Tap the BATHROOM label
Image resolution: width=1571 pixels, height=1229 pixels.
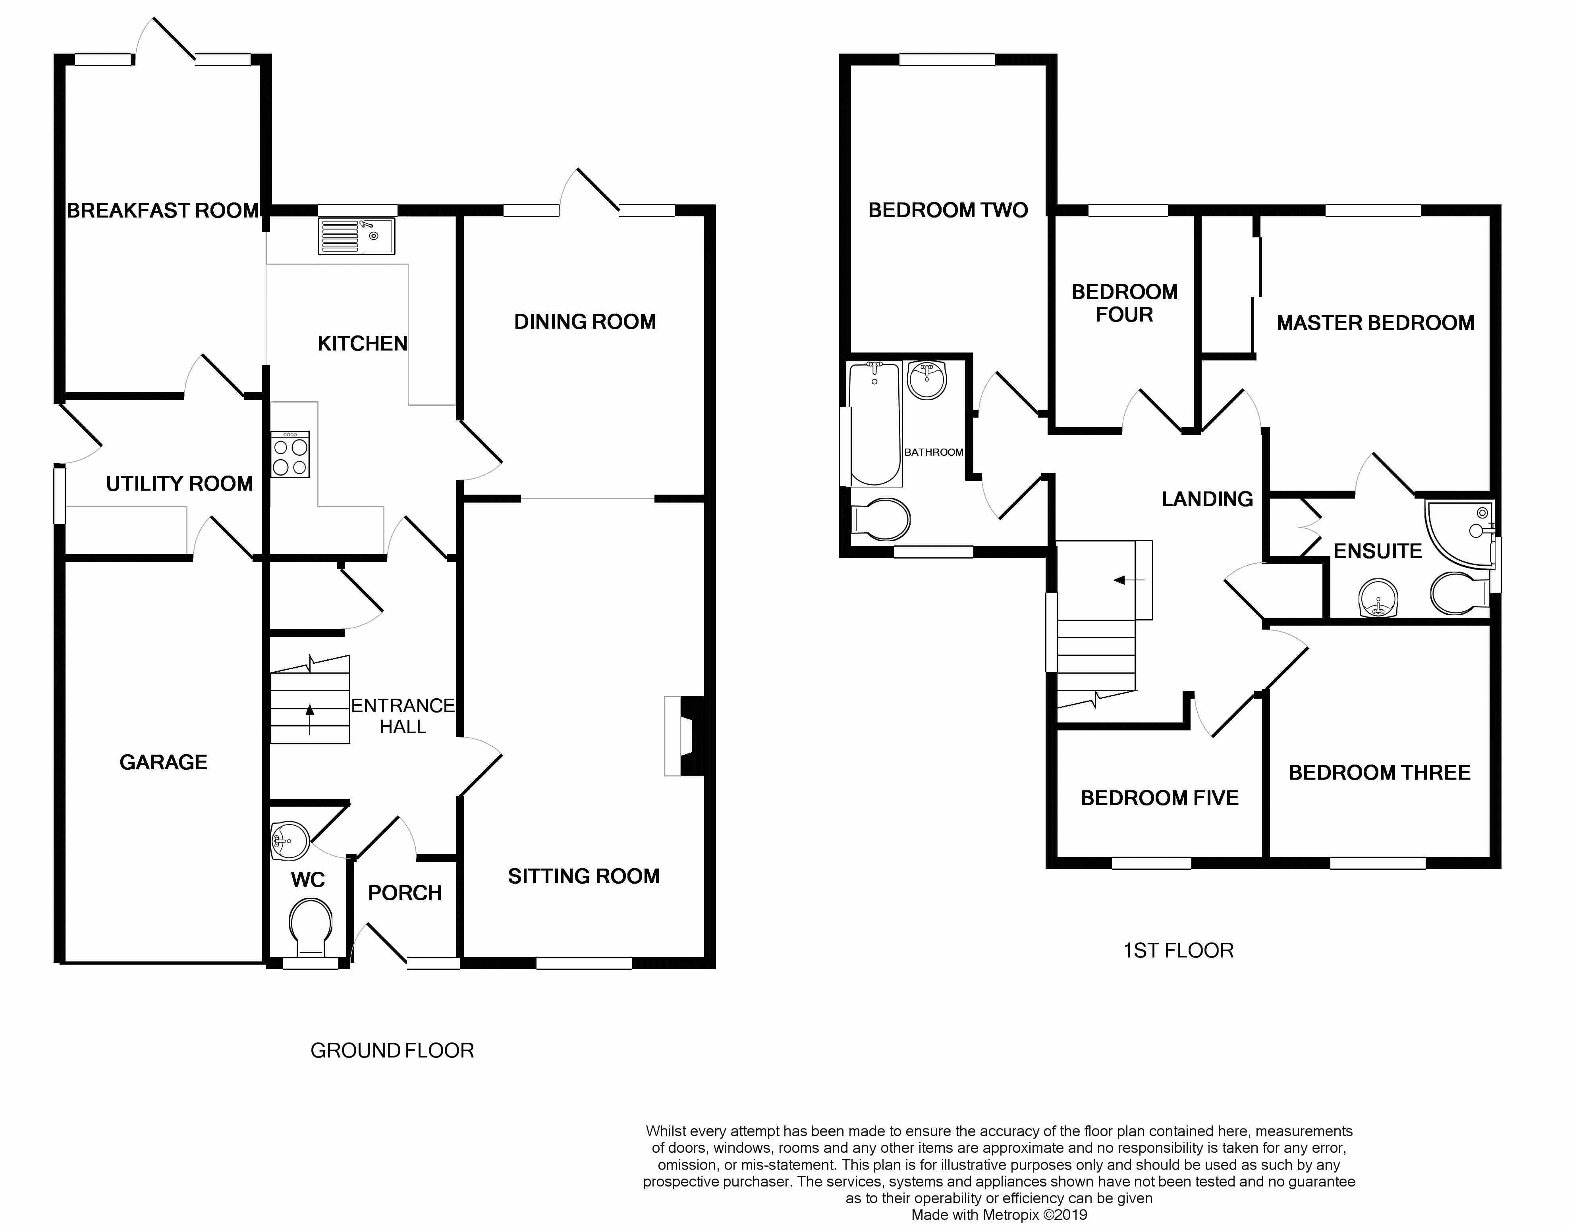(x=933, y=452)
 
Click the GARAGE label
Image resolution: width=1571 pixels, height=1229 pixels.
(x=163, y=762)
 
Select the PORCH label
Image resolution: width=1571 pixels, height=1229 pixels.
(x=404, y=893)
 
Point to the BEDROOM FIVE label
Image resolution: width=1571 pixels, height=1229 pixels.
(x=1159, y=798)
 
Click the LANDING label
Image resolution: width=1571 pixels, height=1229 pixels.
(x=1207, y=499)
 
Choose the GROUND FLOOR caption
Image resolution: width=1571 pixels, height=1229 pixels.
(x=392, y=1050)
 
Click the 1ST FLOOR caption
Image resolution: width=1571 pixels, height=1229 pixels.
(x=1178, y=951)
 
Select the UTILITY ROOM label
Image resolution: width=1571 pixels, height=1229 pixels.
(x=179, y=484)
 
